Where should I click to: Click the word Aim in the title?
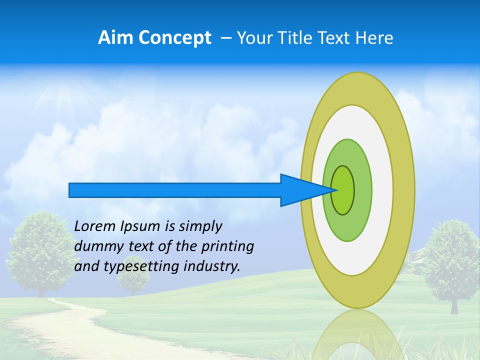(115, 38)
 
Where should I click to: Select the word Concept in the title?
(174, 38)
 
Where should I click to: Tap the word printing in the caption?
(227, 246)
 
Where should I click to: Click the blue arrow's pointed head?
(305, 190)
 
